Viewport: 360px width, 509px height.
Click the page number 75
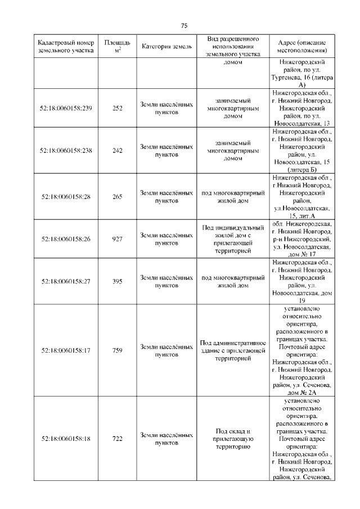pos(184,26)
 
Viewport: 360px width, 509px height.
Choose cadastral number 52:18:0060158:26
pos(66,239)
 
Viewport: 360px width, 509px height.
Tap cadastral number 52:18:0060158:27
pos(66,281)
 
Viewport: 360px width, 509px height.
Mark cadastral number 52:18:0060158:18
pos(66,439)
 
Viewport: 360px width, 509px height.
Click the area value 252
pos(118,109)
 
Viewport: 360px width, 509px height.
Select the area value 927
pos(118,239)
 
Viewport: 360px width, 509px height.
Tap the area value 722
pos(118,439)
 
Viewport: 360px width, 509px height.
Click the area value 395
pos(118,281)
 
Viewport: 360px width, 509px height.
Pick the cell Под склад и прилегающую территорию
pos(232,439)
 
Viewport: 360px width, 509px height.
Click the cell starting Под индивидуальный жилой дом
pos(232,239)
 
